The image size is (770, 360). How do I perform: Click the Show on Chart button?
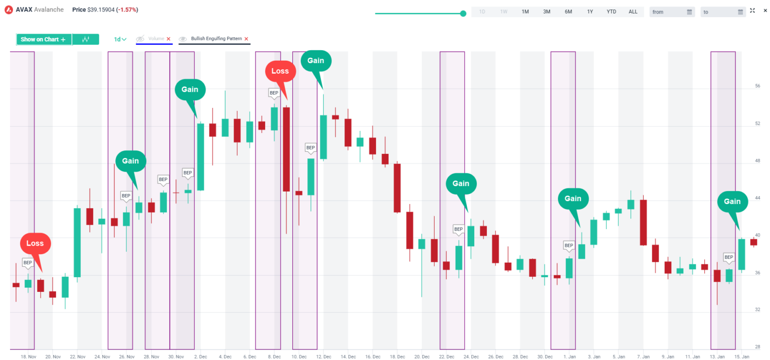click(44, 40)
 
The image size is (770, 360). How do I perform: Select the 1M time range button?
click(525, 12)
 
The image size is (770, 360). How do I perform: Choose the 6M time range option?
click(568, 12)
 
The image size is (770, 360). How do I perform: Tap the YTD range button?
click(612, 12)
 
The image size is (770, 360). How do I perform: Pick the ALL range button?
click(633, 12)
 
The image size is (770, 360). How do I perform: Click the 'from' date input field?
click(672, 12)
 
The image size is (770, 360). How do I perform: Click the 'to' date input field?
click(722, 12)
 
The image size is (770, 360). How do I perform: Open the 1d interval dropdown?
click(120, 39)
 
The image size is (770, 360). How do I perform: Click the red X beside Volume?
click(168, 39)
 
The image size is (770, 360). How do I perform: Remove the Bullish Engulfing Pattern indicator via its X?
click(246, 39)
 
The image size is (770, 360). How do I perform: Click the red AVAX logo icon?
click(9, 10)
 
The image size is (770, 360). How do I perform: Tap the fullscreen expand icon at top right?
click(752, 11)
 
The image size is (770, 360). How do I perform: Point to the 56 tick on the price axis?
click(757, 86)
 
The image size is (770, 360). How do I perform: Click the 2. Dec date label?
click(201, 356)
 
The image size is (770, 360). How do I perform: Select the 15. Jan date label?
click(741, 356)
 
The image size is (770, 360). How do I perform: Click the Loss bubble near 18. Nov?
click(35, 244)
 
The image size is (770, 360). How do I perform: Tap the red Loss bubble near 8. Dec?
click(280, 71)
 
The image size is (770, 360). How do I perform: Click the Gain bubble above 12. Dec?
click(316, 61)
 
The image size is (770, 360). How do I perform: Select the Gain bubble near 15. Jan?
click(732, 202)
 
